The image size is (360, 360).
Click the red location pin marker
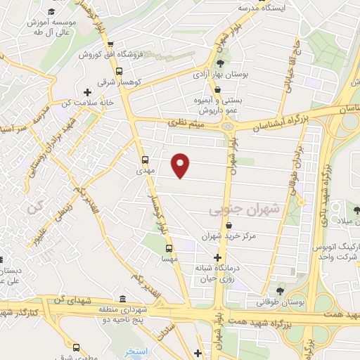[181, 165]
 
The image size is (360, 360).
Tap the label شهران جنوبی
[244, 210]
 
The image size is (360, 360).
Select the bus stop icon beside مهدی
[145, 159]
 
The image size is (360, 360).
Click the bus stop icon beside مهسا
[169, 248]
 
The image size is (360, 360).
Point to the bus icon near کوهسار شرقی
[119, 71]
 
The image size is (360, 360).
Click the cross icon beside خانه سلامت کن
[86, 92]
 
